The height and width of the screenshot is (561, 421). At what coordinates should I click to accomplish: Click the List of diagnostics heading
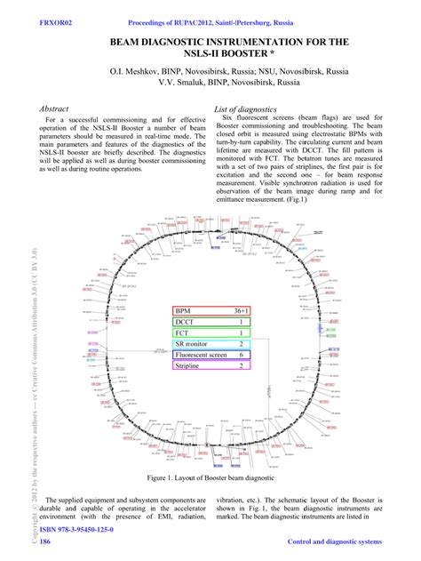250,108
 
